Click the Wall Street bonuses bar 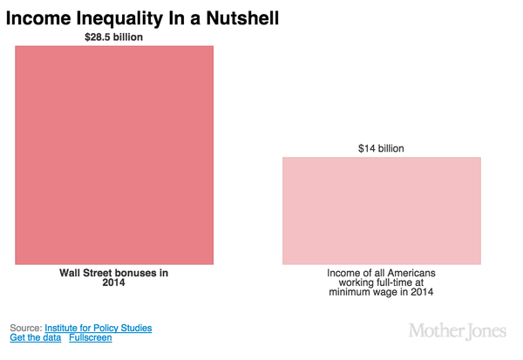[114, 154]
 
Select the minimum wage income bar [381, 210]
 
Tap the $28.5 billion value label [114, 37]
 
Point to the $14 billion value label [381, 149]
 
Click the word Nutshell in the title [241, 16]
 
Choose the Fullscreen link [91, 337]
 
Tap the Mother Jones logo [457, 331]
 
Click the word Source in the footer [24, 328]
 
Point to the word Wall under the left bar [71, 273]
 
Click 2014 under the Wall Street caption [114, 283]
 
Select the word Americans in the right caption [408, 273]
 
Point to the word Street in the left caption [101, 273]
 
